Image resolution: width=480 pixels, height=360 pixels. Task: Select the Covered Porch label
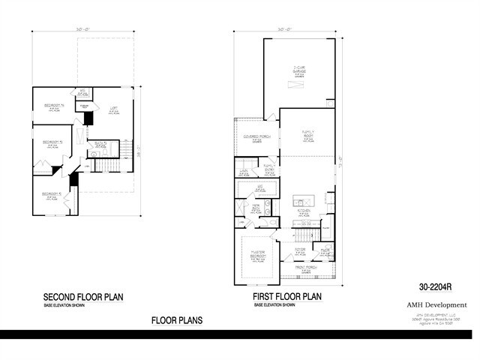coord(256,137)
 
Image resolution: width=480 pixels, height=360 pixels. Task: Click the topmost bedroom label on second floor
coord(52,106)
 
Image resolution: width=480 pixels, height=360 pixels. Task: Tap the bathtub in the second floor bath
coord(94,154)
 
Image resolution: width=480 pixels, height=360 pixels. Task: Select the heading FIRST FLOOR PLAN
coord(286,297)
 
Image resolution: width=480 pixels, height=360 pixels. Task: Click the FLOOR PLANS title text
coord(176,320)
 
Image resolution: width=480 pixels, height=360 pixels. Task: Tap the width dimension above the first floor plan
coord(283,30)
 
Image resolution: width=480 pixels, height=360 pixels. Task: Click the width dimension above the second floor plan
coord(83,30)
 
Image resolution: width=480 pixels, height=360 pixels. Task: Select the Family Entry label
coord(268,168)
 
